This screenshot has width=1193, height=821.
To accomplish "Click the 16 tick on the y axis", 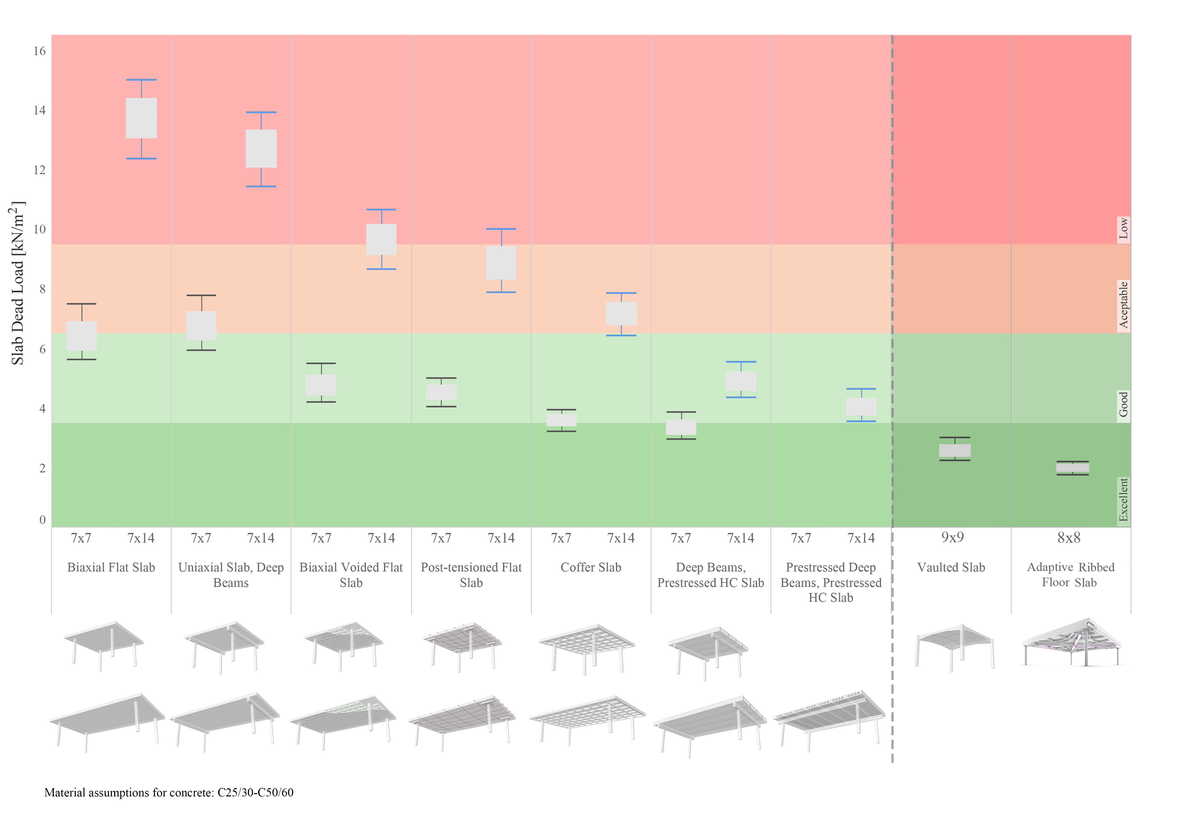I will point(40,51).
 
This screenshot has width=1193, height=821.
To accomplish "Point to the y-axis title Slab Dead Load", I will point(18,283).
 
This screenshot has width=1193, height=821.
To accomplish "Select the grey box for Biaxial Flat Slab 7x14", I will point(141,118).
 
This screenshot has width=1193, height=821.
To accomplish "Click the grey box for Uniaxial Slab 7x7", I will point(201,326).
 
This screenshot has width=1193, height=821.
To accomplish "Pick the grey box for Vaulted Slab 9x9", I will point(955,451).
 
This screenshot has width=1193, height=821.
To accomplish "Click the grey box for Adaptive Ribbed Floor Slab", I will point(1073,468).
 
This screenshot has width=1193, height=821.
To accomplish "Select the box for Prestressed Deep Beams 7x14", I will point(861,406).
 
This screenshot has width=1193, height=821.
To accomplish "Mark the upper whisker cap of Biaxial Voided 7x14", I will point(381,209).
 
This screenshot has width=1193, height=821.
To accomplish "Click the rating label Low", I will point(1124,228).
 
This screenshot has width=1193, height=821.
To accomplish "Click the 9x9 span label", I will point(953,538).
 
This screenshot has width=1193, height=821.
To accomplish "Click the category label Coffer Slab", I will point(591,567).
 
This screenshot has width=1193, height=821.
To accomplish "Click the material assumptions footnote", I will point(169,792).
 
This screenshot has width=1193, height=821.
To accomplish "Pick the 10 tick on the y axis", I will point(40,229).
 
